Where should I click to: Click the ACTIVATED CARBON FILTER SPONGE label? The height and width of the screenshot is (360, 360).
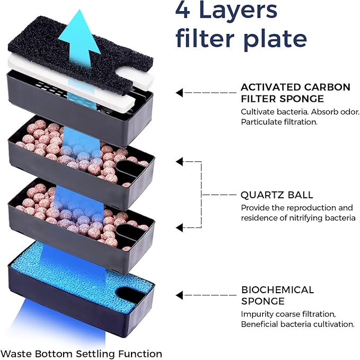click(295, 92)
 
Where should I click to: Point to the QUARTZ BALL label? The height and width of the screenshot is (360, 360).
click(277, 195)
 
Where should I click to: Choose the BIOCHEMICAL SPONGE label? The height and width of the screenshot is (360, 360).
click(277, 295)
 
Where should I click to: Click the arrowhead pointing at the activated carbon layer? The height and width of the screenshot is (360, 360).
click(179, 93)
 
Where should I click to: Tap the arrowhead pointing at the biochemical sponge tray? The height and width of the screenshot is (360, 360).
click(179, 295)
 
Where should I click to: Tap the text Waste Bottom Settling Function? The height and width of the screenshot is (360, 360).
click(81, 353)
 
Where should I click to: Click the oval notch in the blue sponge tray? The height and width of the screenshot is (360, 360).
click(130, 291)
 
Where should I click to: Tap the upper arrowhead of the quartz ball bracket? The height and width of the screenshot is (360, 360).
click(179, 161)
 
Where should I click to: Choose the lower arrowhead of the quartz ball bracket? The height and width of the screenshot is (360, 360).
click(179, 229)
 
